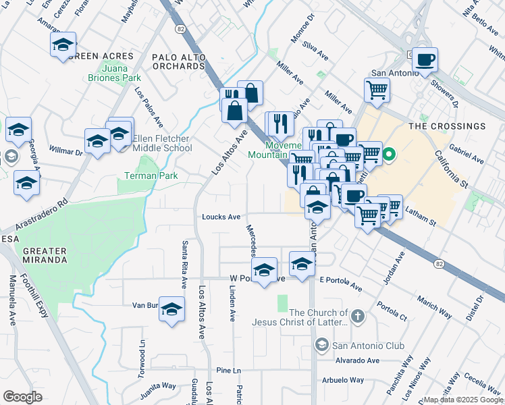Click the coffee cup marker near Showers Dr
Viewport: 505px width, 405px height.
coord(425,60)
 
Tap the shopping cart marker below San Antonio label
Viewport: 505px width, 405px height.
coord(377,88)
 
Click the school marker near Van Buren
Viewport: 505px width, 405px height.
coord(172,309)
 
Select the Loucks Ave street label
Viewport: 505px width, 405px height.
coord(221,217)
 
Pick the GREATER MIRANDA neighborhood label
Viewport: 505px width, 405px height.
coord(45,255)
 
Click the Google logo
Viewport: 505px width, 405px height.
coord(22,397)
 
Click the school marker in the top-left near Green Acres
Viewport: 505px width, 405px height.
coord(63,45)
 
